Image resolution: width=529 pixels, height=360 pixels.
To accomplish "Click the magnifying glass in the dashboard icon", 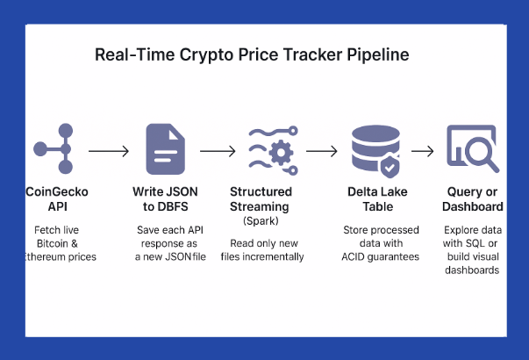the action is point(479,154).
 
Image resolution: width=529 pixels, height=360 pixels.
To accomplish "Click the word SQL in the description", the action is point(481,244).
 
